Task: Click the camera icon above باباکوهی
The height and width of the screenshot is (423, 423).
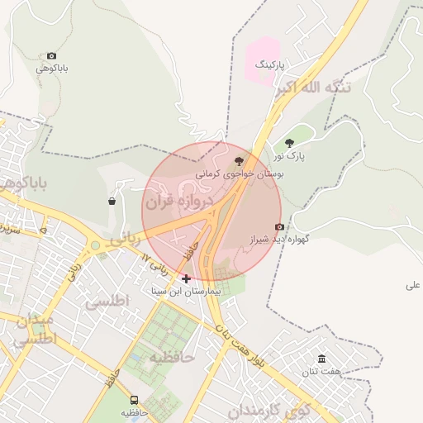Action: (52, 55)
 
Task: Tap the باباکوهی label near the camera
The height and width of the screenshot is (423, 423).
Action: (51, 69)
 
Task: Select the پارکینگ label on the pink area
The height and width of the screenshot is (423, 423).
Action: (269, 64)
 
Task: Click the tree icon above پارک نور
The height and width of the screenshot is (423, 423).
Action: (289, 143)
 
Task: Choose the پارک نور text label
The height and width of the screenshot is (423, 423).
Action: (290, 155)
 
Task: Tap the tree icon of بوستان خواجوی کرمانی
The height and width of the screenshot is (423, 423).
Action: (240, 161)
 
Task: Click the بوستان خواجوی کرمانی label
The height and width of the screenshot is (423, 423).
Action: (240, 175)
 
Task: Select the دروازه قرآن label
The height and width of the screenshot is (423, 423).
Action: (179, 201)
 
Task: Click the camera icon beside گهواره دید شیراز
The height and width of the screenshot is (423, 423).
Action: (279, 226)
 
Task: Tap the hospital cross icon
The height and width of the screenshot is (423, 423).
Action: (186, 278)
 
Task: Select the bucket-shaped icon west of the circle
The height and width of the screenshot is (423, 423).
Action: (112, 201)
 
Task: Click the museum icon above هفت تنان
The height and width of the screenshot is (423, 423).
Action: (321, 359)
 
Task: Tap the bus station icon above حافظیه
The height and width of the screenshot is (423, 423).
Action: (135, 400)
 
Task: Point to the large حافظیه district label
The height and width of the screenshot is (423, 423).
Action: (171, 357)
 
